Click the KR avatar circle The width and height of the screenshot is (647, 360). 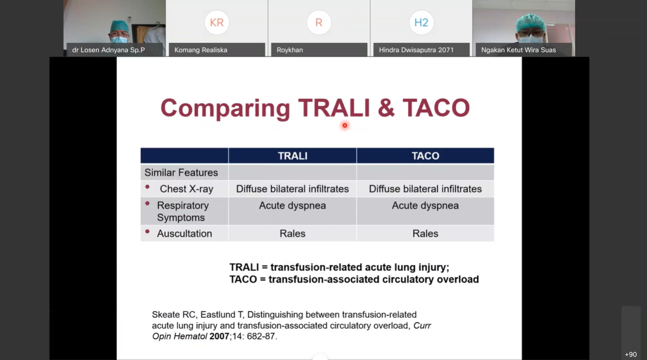tap(217, 22)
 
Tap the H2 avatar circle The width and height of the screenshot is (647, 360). tap(421, 22)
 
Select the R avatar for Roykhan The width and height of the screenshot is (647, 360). tap(319, 22)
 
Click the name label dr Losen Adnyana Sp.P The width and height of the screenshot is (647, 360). tap(108, 50)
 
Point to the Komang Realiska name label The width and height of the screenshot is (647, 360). tap(201, 50)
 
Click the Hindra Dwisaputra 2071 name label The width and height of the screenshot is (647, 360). tap(416, 50)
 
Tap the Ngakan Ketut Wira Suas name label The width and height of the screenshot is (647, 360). tap(518, 50)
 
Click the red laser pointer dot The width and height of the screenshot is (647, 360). tap(344, 126)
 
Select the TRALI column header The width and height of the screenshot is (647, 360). tap(293, 156)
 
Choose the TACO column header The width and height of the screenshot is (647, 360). tap(425, 156)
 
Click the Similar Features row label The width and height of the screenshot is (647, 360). tap(181, 173)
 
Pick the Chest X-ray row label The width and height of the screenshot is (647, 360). tap(186, 189)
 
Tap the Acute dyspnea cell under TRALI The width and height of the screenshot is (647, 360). tap(292, 206)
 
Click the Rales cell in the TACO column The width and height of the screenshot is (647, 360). tap(425, 233)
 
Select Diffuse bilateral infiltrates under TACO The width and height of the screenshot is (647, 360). tap(425, 189)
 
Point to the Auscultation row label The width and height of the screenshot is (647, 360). tap(184, 233)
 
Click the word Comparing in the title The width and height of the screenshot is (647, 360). tap(225, 108)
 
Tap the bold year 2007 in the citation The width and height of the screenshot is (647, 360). tap(219, 336)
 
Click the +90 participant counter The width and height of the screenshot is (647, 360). tap(631, 354)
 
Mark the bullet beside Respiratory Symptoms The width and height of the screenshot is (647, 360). tap(147, 204)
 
